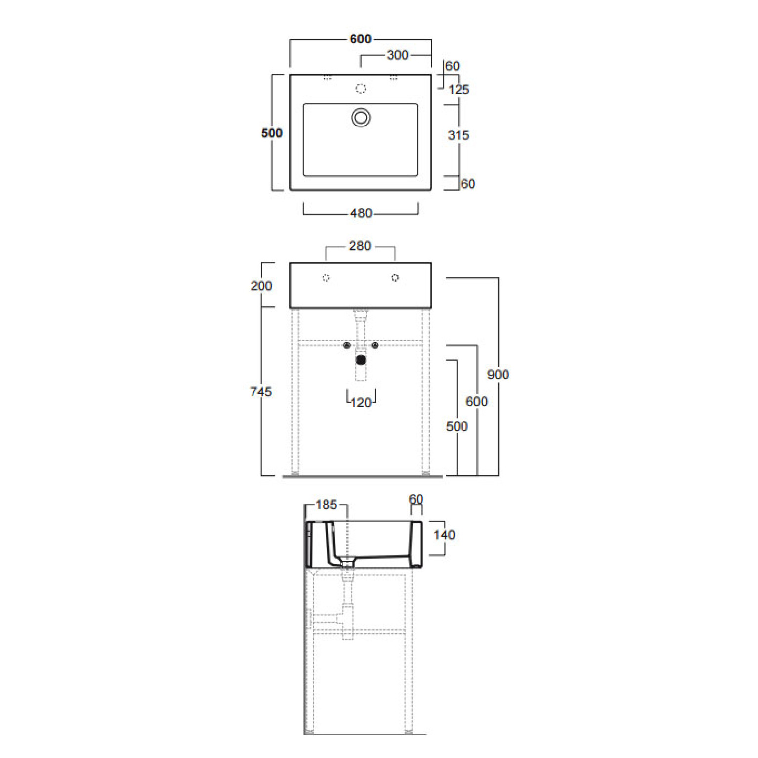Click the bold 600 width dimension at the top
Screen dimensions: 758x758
pyautogui.click(x=360, y=39)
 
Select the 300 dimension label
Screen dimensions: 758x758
pyautogui.click(x=398, y=55)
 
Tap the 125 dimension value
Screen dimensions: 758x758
pyautogui.click(x=459, y=90)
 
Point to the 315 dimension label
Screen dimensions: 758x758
pyautogui.click(x=459, y=135)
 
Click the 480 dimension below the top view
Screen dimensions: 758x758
pyautogui.click(x=361, y=213)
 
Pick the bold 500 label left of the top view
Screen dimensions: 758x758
pyautogui.click(x=272, y=133)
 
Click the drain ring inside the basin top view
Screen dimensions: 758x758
pyautogui.click(x=361, y=118)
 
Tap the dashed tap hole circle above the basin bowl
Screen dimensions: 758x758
pyautogui.click(x=361, y=88)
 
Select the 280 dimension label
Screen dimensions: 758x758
pyautogui.click(x=360, y=246)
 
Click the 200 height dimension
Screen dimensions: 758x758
pyautogui.click(x=261, y=286)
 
